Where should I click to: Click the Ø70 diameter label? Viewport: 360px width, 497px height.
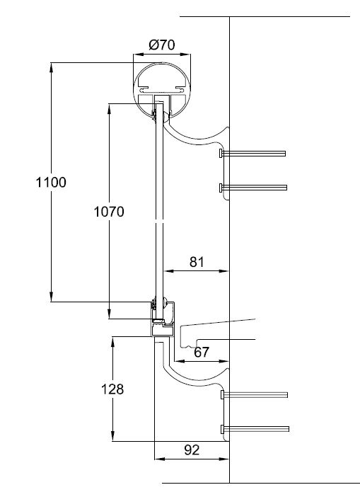pyautogui.click(x=162, y=45)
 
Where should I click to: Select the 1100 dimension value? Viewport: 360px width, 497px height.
pyautogui.click(x=51, y=183)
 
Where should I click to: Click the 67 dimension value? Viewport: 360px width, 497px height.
pyautogui.click(x=202, y=352)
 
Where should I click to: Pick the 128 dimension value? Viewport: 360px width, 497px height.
pyautogui.click(x=112, y=389)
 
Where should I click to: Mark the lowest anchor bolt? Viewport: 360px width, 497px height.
pyautogui.click(x=254, y=429)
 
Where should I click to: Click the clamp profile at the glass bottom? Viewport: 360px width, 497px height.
pyautogui.click(x=163, y=319)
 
